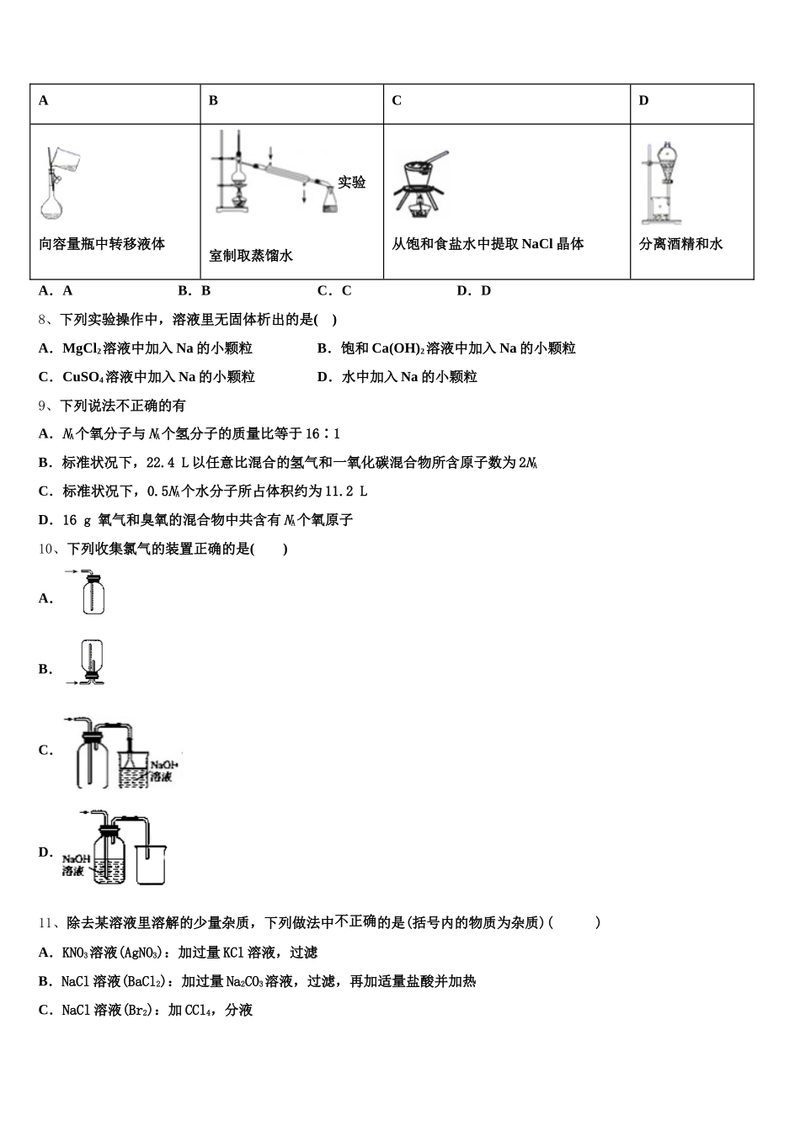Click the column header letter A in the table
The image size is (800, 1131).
pos(44,101)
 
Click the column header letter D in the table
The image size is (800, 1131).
pos(643,101)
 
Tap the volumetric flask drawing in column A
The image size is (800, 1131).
pos(57,184)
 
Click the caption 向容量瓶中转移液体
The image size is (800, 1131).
pos(102,244)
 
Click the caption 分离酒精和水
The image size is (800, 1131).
pos(680,244)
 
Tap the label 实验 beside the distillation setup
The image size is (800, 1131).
pos(352,182)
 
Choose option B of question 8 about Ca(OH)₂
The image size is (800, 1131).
pos(446,348)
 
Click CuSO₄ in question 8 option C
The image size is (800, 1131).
pos(83,377)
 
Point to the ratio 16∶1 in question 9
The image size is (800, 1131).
pos(323,434)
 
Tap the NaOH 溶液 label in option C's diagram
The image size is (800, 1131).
pos(163,771)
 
